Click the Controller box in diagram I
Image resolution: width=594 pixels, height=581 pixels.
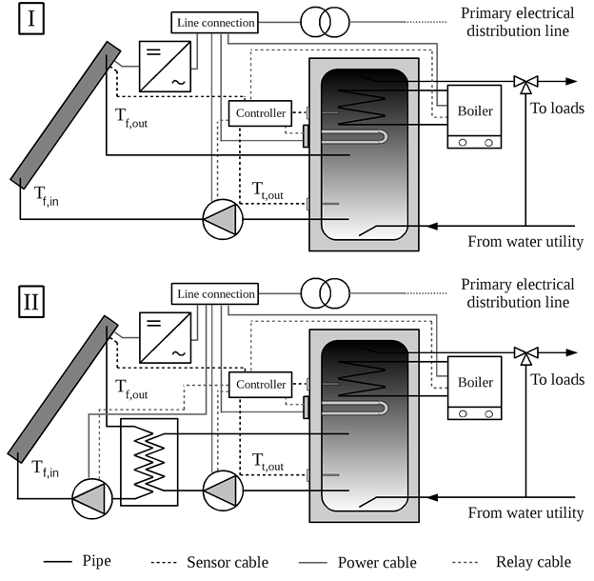pyautogui.click(x=260, y=113)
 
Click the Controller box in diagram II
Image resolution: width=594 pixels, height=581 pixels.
pyautogui.click(x=260, y=385)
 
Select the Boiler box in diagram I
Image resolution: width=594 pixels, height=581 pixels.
pyautogui.click(x=474, y=116)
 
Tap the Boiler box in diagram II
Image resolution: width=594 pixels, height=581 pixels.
pyautogui.click(x=474, y=388)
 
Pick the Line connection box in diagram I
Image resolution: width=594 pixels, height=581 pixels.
pyautogui.click(x=215, y=23)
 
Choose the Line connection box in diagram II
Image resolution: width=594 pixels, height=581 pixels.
pyautogui.click(x=215, y=293)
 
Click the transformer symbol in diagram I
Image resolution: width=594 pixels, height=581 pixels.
pyautogui.click(x=325, y=22)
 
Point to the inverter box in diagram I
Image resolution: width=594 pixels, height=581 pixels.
pyautogui.click(x=166, y=67)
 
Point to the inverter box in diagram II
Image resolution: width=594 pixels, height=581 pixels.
pyautogui.click(x=166, y=338)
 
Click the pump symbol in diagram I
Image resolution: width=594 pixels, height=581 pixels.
pyautogui.click(x=223, y=219)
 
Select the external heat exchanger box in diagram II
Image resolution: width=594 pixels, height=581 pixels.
pyautogui.click(x=148, y=462)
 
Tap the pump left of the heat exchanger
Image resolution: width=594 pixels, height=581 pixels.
pyautogui.click(x=92, y=499)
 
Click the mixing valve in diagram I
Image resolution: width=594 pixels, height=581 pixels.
pyautogui.click(x=525, y=84)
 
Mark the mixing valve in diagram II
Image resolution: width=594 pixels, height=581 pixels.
pyautogui.click(x=525, y=355)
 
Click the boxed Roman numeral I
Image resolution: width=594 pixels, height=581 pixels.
pyautogui.click(x=31, y=18)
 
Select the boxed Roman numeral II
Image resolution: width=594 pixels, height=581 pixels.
pyautogui.click(x=31, y=302)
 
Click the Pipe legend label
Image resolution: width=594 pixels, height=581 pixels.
pyautogui.click(x=97, y=561)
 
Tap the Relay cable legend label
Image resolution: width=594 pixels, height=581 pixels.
pyautogui.click(x=533, y=562)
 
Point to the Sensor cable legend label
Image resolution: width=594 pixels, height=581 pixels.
pyautogui.click(x=228, y=563)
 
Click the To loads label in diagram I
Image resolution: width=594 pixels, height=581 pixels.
pyautogui.click(x=557, y=109)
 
